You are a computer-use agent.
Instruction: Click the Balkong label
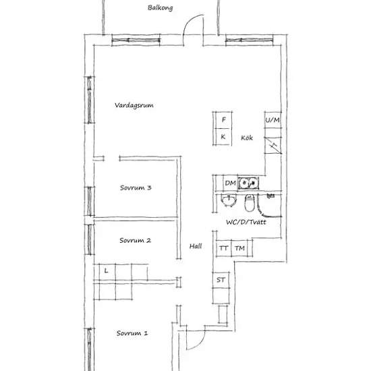(160, 8)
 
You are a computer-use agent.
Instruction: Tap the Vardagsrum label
(134, 105)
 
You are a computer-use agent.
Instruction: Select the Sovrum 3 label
(136, 188)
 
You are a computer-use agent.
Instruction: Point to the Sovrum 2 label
(135, 240)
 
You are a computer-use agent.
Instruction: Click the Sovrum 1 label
(132, 333)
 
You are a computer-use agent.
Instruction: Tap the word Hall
(196, 246)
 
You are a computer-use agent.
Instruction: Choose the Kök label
(247, 138)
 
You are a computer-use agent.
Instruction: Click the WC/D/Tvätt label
(246, 222)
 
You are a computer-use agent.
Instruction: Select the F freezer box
(223, 120)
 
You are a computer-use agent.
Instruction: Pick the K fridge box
(223, 136)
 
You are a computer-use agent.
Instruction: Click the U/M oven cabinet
(273, 120)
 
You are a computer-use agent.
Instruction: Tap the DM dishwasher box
(230, 183)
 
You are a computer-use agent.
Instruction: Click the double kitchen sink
(248, 183)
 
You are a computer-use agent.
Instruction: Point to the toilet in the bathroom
(250, 203)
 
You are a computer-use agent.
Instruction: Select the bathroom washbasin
(229, 200)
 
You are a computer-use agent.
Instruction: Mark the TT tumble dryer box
(223, 248)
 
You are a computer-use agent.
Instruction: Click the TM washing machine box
(239, 248)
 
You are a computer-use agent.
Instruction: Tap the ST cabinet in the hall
(221, 280)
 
